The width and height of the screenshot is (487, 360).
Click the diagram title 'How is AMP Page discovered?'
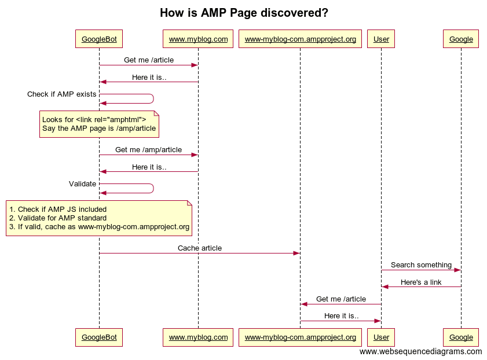[x=243, y=13]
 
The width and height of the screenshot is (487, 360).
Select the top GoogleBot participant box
[x=99, y=39]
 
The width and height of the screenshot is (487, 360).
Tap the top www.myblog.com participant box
[x=198, y=39]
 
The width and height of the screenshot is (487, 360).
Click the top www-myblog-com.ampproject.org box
[x=300, y=39]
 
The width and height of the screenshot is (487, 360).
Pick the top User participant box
[x=381, y=39]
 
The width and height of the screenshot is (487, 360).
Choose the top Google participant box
[x=461, y=39]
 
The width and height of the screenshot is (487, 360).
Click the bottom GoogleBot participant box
[x=99, y=337]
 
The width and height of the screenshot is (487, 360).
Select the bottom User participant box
[x=381, y=337]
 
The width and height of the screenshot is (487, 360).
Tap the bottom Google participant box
[x=461, y=337]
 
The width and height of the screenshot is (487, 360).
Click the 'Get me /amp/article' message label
[x=148, y=149]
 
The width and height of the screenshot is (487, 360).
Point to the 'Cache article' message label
[x=199, y=248]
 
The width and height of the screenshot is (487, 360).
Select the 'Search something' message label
[x=421, y=265]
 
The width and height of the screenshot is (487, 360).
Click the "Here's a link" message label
[x=421, y=282]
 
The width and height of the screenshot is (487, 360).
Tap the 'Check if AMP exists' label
[x=62, y=94]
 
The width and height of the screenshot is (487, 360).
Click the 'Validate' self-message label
[x=82, y=183]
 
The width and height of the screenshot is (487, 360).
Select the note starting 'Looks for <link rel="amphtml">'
[x=99, y=124]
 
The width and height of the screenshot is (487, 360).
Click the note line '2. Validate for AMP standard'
[x=58, y=218]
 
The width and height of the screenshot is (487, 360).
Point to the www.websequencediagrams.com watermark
[x=420, y=351]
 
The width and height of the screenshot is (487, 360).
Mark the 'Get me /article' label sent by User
[x=340, y=299]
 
